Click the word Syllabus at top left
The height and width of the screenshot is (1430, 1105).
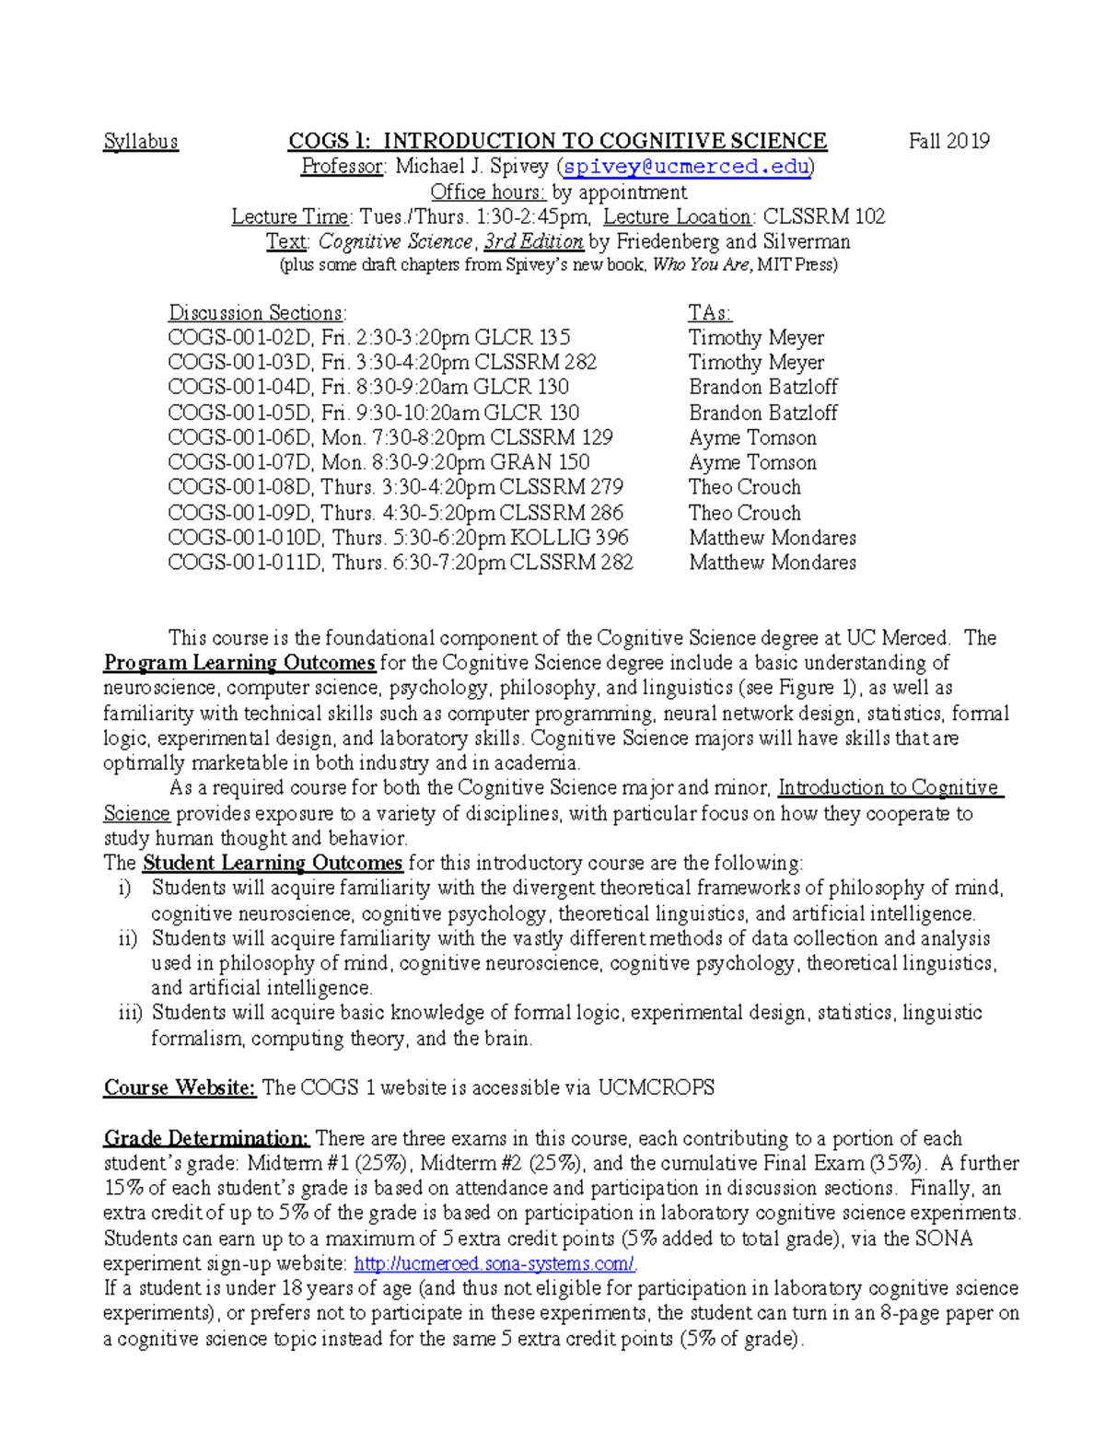[x=141, y=142]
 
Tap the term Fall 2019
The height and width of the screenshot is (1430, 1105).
[x=948, y=142]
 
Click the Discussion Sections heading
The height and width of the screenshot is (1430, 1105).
[x=257, y=312]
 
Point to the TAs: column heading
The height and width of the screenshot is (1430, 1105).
[x=710, y=312]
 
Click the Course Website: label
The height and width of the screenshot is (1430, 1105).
[x=180, y=1087]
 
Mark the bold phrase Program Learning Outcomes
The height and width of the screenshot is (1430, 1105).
[x=239, y=663]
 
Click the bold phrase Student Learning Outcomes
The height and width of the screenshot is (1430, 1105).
[x=273, y=863]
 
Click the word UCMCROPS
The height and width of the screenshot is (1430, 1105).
[x=656, y=1087]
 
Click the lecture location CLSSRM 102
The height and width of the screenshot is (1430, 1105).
[x=824, y=217]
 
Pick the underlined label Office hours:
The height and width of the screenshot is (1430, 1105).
[x=488, y=192]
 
